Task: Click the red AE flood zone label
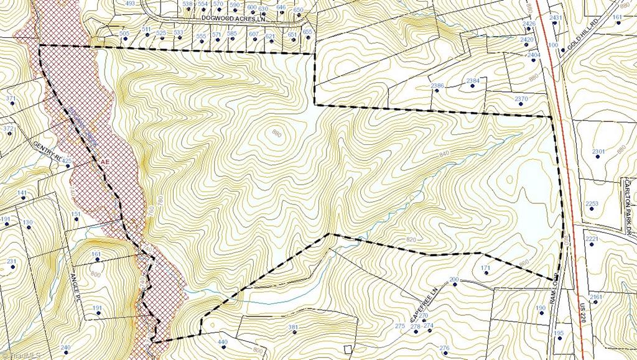click(x=106, y=161)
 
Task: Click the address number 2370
click(x=521, y=99)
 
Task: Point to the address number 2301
click(x=598, y=152)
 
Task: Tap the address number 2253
click(x=592, y=204)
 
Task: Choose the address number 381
click(x=294, y=327)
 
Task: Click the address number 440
click(x=223, y=342)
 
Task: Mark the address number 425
click(x=67, y=161)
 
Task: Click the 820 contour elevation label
click(x=410, y=239)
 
